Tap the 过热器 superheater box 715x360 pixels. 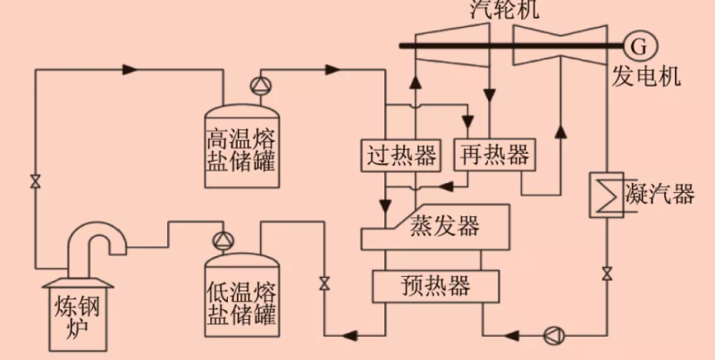tap(402, 155)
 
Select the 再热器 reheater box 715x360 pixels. tap(492, 155)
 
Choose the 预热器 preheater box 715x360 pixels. tap(423, 286)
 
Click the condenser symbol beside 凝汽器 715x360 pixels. tap(607, 192)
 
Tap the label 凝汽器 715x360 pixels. tap(660, 194)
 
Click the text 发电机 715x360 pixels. tap(646, 75)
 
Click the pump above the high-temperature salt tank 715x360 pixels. tap(259, 86)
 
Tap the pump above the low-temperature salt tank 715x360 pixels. tap(221, 240)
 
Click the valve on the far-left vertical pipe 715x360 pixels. tap(35, 181)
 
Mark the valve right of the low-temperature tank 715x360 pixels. tap(324, 285)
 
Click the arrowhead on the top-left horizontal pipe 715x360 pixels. tap(128, 69)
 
